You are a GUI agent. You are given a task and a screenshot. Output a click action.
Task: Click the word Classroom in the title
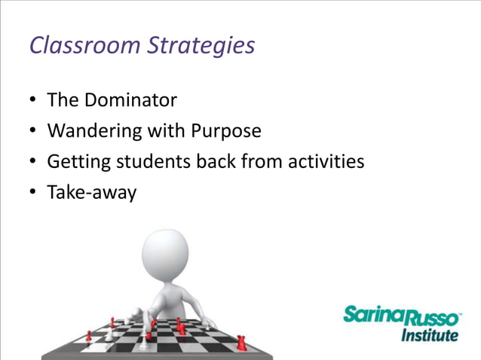[83, 46]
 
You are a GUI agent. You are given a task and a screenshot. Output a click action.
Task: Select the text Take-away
[91, 193]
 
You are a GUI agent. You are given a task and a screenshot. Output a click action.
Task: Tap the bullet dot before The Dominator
[34, 101]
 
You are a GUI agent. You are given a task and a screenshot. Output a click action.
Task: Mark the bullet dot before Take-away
[34, 193]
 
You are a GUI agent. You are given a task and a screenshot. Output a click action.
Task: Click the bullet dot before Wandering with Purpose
[34, 132]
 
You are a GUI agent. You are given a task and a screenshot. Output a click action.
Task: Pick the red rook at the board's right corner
[241, 342]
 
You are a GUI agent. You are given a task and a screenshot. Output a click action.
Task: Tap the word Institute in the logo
[429, 334]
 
